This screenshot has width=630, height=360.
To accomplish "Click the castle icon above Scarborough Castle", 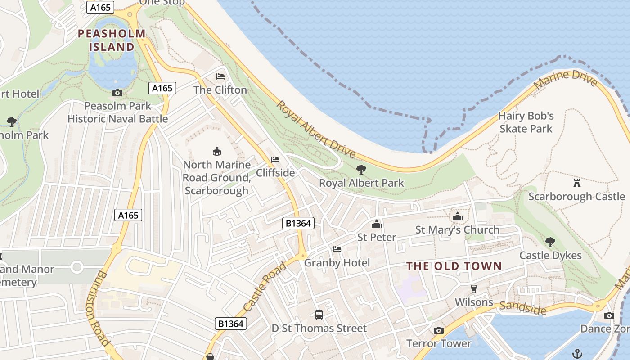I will click(x=576, y=183).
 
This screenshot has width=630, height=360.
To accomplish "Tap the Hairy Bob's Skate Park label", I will click(x=526, y=122).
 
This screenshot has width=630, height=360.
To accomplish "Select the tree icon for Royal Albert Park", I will click(x=361, y=170).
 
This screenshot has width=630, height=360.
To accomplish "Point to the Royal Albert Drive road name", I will click(x=316, y=130).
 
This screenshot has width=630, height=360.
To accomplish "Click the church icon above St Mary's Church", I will click(x=458, y=216).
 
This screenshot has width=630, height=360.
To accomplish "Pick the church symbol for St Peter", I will click(x=377, y=224).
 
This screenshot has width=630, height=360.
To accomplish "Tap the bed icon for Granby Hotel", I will click(x=337, y=249).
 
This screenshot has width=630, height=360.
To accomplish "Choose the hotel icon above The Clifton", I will click(x=220, y=76).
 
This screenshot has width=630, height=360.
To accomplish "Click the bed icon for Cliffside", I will click(x=275, y=159).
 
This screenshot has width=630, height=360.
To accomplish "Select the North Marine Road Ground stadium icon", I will click(x=216, y=151).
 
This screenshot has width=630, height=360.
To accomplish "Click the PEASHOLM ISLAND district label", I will click(x=112, y=40).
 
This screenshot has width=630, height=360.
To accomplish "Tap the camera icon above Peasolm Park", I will click(x=117, y=93).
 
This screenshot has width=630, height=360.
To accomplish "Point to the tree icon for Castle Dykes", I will click(x=550, y=242).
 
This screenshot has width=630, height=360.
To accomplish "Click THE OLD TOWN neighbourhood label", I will click(x=454, y=266).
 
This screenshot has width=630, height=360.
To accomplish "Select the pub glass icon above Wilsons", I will click(x=473, y=288).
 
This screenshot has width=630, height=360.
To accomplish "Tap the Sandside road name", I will click(x=523, y=308).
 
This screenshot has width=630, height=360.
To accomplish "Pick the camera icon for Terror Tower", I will click(x=438, y=330).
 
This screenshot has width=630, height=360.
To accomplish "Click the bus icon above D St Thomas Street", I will click(x=319, y=315).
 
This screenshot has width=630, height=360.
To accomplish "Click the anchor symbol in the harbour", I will click(x=577, y=353).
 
